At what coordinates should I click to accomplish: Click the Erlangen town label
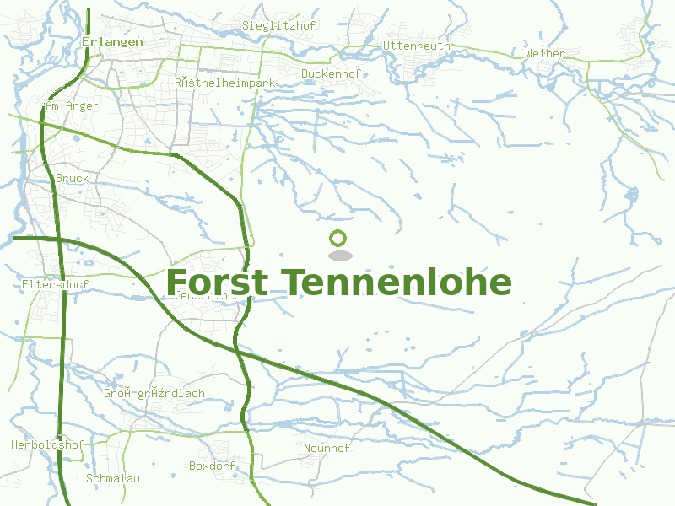pos(112,40)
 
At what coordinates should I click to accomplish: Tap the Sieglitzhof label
pos(278,25)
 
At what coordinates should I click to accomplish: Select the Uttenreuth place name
pos(417,46)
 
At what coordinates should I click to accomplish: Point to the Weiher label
pos(545,53)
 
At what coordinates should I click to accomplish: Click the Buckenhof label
pos(331,73)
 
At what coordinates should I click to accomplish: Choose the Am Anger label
pos(72,106)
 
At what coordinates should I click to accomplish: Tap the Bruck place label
pos(72,179)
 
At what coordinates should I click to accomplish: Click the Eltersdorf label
pos(55,285)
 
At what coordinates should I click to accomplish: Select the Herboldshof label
pos(48,444)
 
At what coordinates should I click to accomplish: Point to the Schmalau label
pos(113,478)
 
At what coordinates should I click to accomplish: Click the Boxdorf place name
pos(212,466)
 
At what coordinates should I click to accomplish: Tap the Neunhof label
pos(327,448)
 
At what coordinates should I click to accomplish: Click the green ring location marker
pos(338,238)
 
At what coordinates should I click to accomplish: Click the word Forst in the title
pos(218,283)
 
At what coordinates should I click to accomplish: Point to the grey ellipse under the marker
pos(339,256)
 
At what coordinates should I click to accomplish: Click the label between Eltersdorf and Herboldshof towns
pos(154,394)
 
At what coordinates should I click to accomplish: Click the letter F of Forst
pos(177,283)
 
